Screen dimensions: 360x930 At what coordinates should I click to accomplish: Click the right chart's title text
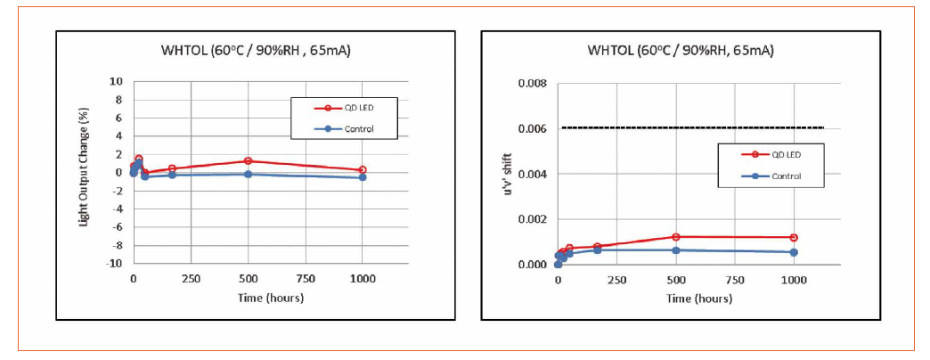click(x=680, y=50)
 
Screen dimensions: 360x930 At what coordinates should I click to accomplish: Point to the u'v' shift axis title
click(x=508, y=173)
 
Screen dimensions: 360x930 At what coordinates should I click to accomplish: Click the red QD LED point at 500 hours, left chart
click(x=248, y=161)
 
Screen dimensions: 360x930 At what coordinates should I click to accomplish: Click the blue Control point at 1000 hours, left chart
click(x=362, y=177)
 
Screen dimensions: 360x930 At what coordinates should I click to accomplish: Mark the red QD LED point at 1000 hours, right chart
click(x=794, y=238)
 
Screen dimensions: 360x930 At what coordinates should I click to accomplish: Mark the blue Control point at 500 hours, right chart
click(x=676, y=250)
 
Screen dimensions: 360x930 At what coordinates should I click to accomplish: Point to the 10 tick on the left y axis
click(x=116, y=81)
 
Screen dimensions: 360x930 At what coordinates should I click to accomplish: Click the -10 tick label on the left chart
click(x=113, y=264)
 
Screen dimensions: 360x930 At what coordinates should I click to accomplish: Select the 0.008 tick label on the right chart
click(x=531, y=84)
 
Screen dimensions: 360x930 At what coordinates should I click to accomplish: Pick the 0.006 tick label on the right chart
click(x=531, y=128)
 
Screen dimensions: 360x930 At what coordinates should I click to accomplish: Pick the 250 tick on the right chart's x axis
click(x=616, y=280)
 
